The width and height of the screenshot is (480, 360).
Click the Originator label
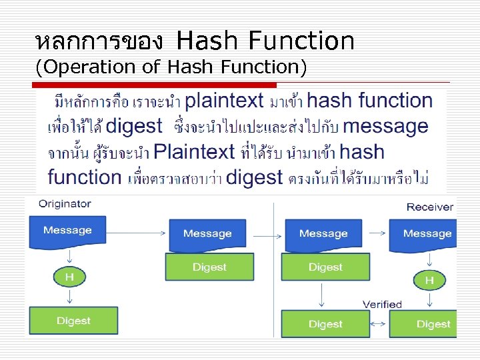coord(65,203)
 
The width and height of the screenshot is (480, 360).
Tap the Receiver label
coord(429,207)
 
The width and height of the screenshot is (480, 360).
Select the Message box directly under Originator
coord(67,231)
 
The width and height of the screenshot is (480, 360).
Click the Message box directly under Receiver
coord(427,235)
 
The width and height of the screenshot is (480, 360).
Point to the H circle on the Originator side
coord(68,276)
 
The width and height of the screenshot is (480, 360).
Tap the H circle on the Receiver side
coord(429,281)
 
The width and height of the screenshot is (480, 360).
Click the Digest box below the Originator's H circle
coord(73,321)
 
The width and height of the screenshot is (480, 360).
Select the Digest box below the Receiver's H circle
coord(433,324)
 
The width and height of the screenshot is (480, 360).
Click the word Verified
coord(382,304)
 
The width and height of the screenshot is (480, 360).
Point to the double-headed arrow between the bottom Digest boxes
coord(379,324)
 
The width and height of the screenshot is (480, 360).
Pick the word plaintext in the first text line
coord(224,101)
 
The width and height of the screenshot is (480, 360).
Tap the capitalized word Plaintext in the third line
coord(194,152)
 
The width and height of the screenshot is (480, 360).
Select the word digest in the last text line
coord(254,177)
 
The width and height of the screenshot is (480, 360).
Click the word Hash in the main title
coord(209,41)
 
